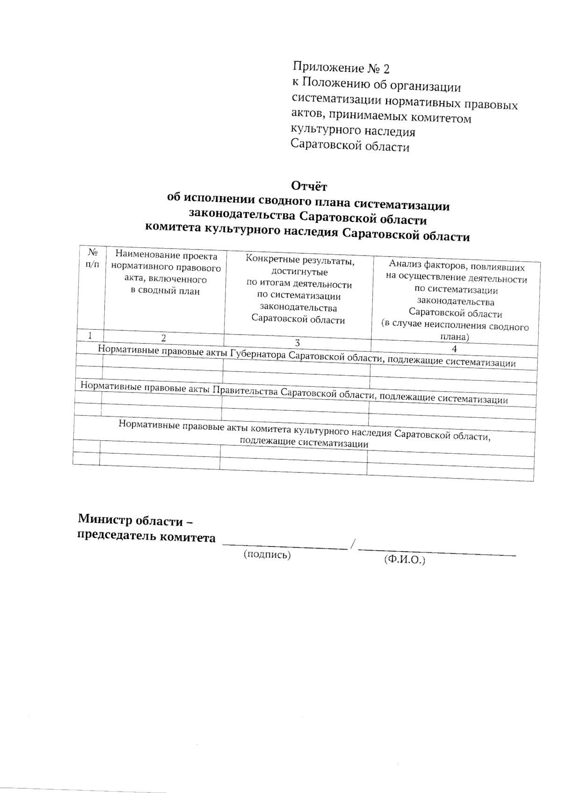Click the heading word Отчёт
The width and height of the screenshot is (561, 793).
pyautogui.click(x=309, y=186)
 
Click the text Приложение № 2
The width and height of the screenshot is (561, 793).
pyautogui.click(x=341, y=69)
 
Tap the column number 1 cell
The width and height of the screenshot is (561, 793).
pyautogui.click(x=89, y=336)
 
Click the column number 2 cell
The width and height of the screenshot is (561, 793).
pyautogui.click(x=164, y=338)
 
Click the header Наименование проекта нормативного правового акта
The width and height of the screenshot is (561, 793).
pyautogui.click(x=166, y=273)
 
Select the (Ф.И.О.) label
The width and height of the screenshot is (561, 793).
pyautogui.click(x=404, y=559)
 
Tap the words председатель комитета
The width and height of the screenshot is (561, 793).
pyautogui.click(x=146, y=537)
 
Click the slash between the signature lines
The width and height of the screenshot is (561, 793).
pyautogui.click(x=353, y=544)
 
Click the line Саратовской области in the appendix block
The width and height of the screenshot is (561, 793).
pyautogui.click(x=350, y=146)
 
